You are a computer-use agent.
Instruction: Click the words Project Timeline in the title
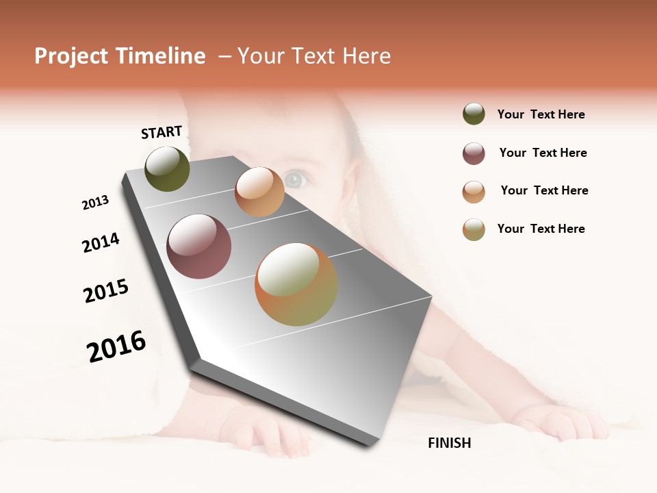120,56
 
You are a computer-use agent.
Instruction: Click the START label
162,132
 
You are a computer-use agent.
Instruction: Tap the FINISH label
449,443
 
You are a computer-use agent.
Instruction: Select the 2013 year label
95,203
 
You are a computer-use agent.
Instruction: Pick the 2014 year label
101,242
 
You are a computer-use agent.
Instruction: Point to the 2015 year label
106,290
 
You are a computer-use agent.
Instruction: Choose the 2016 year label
116,346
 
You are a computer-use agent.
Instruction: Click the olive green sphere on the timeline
167,169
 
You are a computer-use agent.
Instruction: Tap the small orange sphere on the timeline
259,192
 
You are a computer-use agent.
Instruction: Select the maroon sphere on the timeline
199,246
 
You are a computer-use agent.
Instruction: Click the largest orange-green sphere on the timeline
296,284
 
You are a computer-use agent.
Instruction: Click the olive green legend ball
474,114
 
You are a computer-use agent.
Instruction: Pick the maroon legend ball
474,153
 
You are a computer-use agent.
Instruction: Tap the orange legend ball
474,192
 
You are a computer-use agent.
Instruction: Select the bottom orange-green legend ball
474,229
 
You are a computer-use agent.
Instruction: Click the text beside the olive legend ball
541,114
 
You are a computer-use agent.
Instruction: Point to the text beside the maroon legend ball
543,153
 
